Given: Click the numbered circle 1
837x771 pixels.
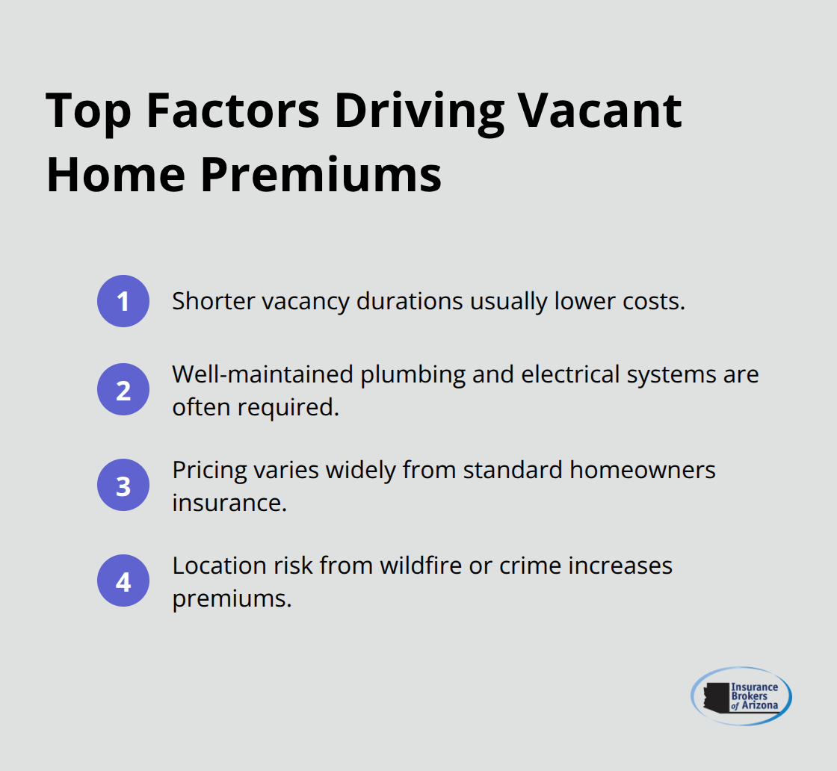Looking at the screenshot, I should pos(123,301).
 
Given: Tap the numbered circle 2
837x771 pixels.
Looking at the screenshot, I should pos(123,389).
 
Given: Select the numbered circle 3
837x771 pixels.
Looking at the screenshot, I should pos(123,486).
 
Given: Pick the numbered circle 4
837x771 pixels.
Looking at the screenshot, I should pos(123,580).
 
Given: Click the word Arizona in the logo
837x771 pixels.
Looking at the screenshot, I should pos(760,706).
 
